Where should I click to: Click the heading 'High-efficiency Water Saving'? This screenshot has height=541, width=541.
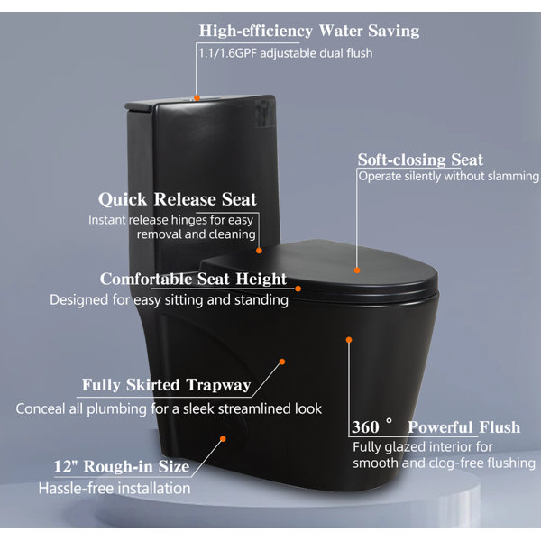(309, 31)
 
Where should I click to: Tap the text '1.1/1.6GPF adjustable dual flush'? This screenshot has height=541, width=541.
(285, 53)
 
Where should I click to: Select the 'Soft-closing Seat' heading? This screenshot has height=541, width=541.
(420, 160)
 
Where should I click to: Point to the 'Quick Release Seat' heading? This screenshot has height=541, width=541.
(178, 199)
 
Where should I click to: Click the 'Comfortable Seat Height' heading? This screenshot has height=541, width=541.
(193, 279)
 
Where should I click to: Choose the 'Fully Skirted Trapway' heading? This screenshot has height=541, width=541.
(166, 385)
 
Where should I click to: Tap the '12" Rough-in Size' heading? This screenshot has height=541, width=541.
(122, 466)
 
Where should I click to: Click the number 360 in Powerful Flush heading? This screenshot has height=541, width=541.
(365, 427)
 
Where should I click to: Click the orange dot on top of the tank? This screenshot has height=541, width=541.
(197, 98)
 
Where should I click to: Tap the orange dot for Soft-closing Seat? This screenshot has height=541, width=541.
(357, 270)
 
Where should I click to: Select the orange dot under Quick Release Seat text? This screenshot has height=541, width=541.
(259, 251)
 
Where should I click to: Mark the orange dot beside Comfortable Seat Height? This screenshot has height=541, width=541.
(298, 289)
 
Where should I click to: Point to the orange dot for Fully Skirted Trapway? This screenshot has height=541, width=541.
(282, 362)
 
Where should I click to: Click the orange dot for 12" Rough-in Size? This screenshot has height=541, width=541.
(223, 438)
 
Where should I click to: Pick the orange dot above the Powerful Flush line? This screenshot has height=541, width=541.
(349, 340)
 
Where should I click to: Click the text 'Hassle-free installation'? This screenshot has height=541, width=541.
(115, 488)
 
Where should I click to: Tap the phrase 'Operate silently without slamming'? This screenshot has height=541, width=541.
(448, 177)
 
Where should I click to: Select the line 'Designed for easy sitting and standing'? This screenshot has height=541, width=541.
(170, 300)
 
